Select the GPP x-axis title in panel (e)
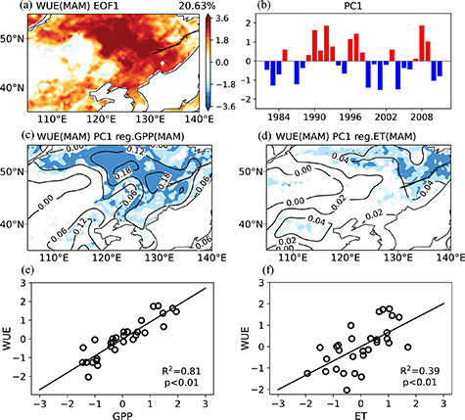(x=122, y=414)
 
